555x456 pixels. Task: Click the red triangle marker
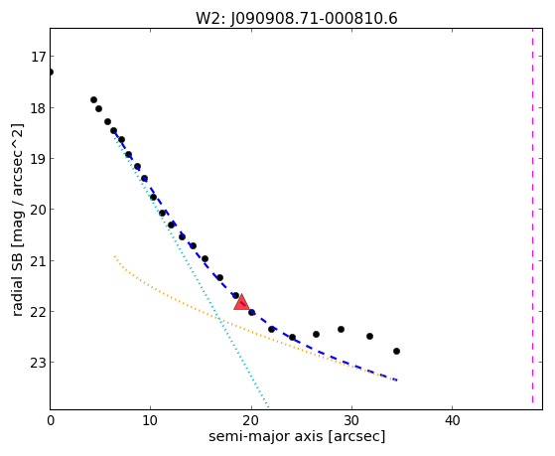pyautogui.click(x=241, y=302)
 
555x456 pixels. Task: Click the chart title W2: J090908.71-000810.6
pyautogui.click(x=297, y=18)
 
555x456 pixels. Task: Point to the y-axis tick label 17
pyautogui.click(x=38, y=57)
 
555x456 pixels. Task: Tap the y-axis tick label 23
pyautogui.click(x=38, y=363)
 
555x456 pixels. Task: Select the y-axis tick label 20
pyautogui.click(x=38, y=210)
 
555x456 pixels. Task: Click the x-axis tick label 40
pyautogui.click(x=452, y=420)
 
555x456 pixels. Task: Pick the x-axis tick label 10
pyautogui.click(x=150, y=420)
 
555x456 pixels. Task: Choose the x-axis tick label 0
pyautogui.click(x=51, y=420)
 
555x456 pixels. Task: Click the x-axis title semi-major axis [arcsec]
pyautogui.click(x=297, y=436)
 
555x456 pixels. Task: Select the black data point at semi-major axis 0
pyautogui.click(x=51, y=72)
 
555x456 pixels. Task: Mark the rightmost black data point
pyautogui.click(x=396, y=351)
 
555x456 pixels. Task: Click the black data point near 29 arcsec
pyautogui.click(x=341, y=329)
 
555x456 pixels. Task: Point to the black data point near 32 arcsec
pyautogui.click(x=369, y=336)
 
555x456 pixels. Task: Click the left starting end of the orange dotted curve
pyautogui.click(x=114, y=255)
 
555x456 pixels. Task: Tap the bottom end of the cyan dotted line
pyautogui.click(x=268, y=406)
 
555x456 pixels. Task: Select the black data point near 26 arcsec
pyautogui.click(x=316, y=334)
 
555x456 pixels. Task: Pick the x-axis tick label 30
pyautogui.click(x=351, y=420)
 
